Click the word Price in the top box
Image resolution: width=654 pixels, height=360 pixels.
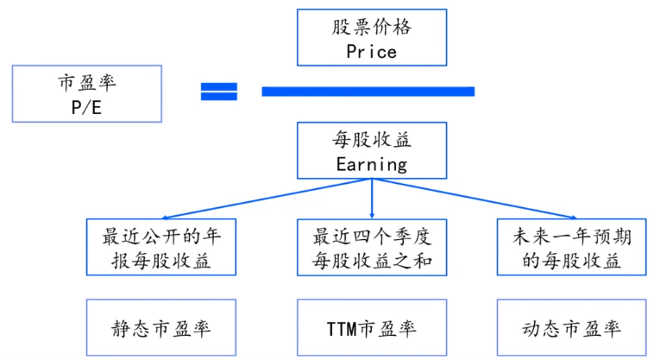(x=371, y=51)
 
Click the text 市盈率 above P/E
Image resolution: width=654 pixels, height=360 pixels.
(x=82, y=83)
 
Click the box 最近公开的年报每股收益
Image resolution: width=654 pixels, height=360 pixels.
(x=161, y=248)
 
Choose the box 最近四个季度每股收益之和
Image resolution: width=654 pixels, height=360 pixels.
(x=371, y=248)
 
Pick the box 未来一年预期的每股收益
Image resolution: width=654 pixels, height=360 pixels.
(x=573, y=248)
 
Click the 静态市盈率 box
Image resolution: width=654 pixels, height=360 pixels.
(x=161, y=328)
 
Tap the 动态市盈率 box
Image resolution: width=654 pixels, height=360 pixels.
(x=573, y=328)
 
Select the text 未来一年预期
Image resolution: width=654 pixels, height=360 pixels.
(x=573, y=236)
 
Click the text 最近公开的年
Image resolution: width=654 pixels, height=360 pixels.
(x=161, y=236)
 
